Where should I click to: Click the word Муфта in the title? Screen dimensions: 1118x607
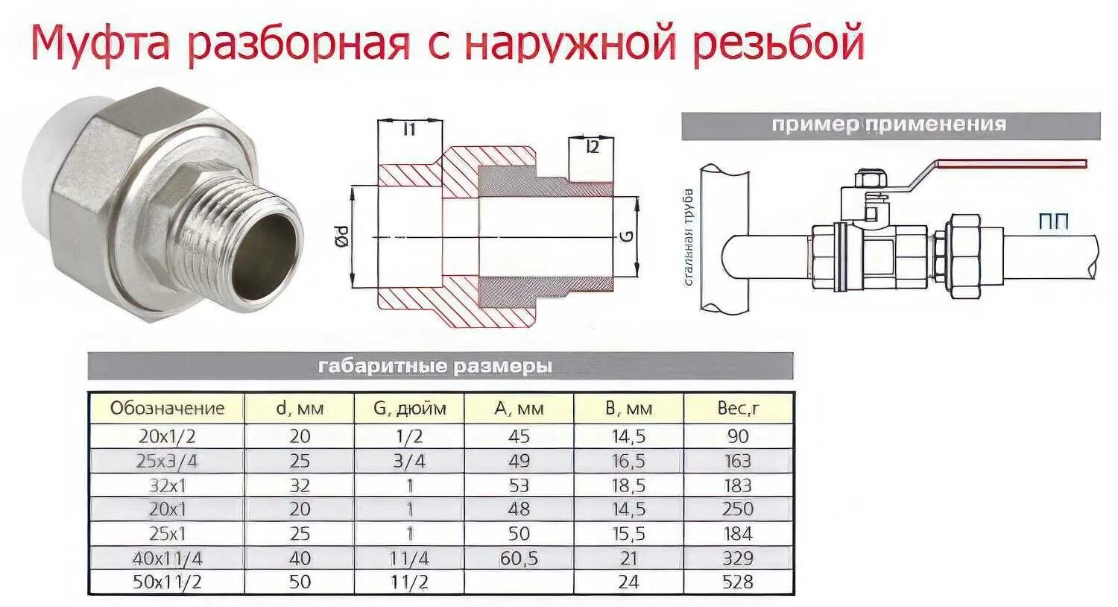click(x=101, y=44)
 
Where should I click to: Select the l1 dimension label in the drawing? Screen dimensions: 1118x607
click(x=409, y=130)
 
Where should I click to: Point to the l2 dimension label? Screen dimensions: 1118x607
click(x=592, y=147)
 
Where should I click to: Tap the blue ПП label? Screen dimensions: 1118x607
click(x=1052, y=221)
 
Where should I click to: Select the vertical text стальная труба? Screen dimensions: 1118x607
click(x=689, y=237)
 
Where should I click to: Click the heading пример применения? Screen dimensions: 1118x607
click(x=888, y=125)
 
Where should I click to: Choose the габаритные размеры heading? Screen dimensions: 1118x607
click(x=435, y=366)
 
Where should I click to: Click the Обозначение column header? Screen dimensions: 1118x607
click(x=167, y=409)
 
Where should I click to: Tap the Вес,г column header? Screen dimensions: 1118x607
click(x=737, y=409)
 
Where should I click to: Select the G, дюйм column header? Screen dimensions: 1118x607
click(x=409, y=409)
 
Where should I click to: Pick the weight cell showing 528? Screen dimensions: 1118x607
click(x=737, y=582)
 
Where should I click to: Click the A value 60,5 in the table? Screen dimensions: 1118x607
click(x=519, y=559)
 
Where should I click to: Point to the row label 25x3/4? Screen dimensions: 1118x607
click(x=167, y=461)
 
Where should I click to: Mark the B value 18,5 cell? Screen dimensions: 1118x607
click(x=628, y=485)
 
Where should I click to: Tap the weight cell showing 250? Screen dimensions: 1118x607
click(x=737, y=509)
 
